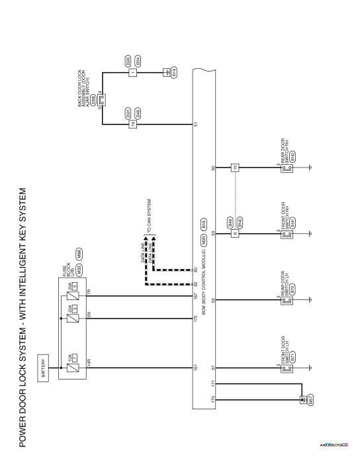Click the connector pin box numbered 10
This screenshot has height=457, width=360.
click(x=234, y=167)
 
